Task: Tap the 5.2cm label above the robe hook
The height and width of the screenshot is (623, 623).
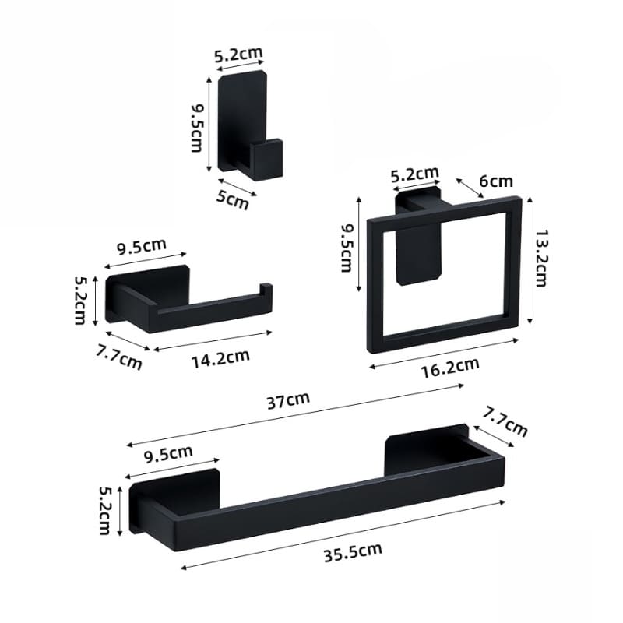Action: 238,54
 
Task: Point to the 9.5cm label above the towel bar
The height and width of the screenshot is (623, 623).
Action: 169,452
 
